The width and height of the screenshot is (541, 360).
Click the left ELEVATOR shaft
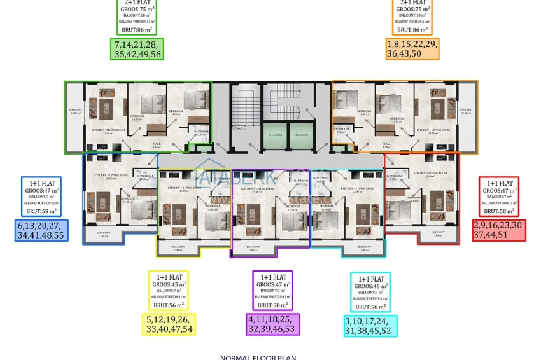click(275, 134)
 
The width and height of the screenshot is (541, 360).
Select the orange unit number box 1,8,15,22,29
click(412, 50)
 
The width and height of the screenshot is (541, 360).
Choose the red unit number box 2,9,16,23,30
click(499, 230)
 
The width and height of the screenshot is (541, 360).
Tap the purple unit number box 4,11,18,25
click(272, 324)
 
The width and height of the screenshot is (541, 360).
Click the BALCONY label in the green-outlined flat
click(76, 110)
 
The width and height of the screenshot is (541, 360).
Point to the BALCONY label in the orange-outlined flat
click(467, 110)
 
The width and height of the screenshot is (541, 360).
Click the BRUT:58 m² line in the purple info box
click(272, 306)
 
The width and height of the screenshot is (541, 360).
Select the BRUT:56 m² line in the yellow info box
click(169, 305)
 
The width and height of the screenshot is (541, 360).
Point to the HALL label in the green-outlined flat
click(157, 144)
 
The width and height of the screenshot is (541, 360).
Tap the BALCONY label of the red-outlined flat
click(438, 232)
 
